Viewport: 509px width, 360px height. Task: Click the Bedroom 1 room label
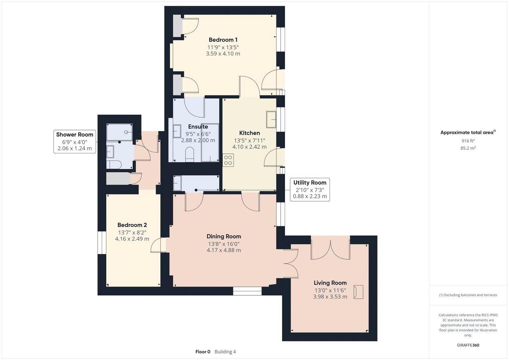pos(223,40)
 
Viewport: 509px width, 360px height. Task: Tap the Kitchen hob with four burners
pos(228,160)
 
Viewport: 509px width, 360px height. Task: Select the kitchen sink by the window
pos(271,119)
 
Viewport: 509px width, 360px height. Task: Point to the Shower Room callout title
pos(75,135)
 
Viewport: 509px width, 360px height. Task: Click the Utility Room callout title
pos(310,183)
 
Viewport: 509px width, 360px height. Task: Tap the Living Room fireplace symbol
pos(358,292)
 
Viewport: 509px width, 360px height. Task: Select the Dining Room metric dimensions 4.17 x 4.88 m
pos(224,250)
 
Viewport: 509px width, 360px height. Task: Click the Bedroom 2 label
pos(132,225)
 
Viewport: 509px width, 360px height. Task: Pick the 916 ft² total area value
pos(468,141)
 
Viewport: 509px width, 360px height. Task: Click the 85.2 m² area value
pos(468,148)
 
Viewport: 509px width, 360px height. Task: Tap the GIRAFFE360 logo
pos(468,345)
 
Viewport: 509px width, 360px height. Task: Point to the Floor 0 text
pos(203,352)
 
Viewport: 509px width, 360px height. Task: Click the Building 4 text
pos(225,352)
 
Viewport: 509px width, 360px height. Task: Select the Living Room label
pos(330,283)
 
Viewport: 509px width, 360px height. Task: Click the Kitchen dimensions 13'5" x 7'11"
pos(250,140)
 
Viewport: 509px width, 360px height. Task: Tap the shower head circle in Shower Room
pos(126,132)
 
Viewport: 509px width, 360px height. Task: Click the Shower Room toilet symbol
pos(114,165)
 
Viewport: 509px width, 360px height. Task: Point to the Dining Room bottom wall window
pos(247,291)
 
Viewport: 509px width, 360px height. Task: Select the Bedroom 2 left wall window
pos(102,243)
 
